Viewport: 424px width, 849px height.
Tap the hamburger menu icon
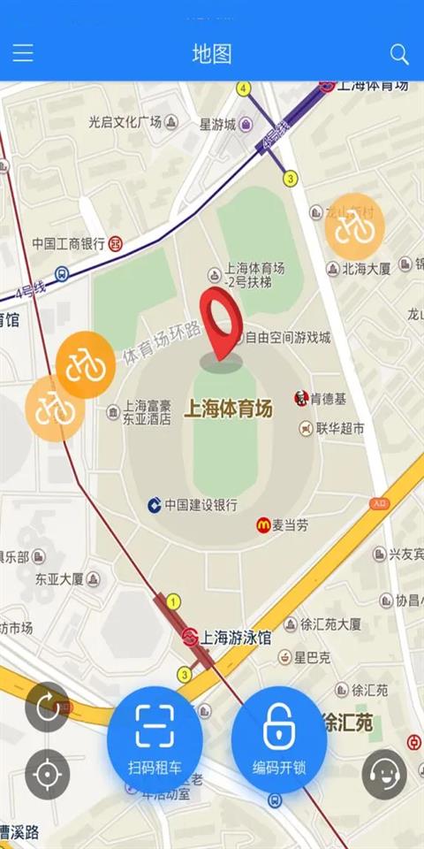(x=23, y=54)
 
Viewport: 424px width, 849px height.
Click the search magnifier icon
(x=399, y=54)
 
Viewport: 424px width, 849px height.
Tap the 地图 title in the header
(x=212, y=54)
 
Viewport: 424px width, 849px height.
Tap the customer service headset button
(x=384, y=774)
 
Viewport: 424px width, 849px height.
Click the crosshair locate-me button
(x=47, y=775)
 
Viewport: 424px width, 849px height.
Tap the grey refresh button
(x=47, y=707)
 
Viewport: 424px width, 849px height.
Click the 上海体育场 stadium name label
(x=228, y=409)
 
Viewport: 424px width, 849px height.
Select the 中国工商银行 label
(x=69, y=242)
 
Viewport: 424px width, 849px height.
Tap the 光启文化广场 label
(x=125, y=122)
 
